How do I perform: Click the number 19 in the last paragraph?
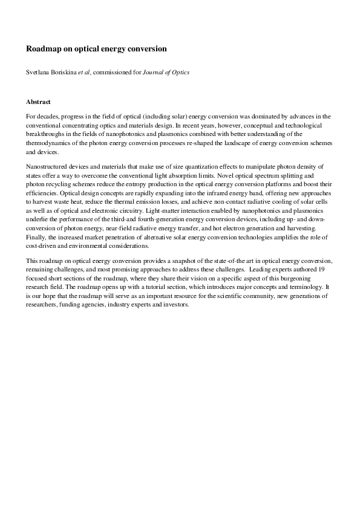tap(326, 268)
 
